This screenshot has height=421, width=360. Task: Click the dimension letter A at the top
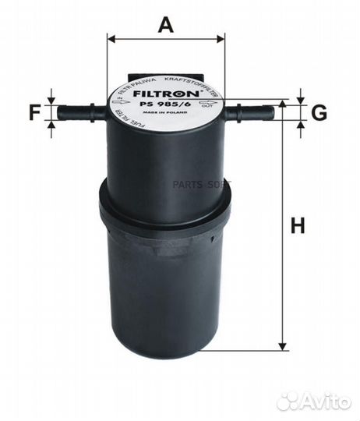165,25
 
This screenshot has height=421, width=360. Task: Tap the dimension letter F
34,113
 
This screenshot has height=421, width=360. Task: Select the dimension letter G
318,113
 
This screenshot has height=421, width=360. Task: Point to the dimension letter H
297,227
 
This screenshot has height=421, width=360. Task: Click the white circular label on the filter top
165,102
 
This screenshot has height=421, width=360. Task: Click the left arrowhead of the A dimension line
111,37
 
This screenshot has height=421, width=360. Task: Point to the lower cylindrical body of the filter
165,296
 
